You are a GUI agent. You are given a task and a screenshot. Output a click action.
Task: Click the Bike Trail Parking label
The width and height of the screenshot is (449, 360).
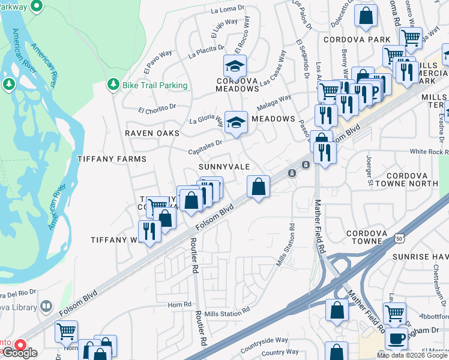[x=155, y=85]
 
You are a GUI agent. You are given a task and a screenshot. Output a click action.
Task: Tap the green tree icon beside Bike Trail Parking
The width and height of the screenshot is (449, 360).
[x=112, y=85]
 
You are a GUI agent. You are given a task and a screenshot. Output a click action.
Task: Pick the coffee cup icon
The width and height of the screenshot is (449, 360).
[x=396, y=338]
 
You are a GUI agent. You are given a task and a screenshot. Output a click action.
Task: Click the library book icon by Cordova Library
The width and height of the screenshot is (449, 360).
[x=46, y=307]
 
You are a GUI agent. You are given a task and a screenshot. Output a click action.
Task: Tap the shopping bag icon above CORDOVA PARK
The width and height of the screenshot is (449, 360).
[x=366, y=16]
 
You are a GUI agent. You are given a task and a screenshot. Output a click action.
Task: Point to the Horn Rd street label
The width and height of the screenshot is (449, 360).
[x=179, y=304]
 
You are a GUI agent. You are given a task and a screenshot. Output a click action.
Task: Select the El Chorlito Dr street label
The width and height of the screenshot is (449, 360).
[x=157, y=110]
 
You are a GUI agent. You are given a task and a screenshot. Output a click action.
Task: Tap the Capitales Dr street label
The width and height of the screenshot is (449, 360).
[x=205, y=143]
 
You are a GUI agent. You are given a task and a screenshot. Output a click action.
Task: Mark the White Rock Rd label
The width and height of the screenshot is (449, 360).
[x=429, y=152]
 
